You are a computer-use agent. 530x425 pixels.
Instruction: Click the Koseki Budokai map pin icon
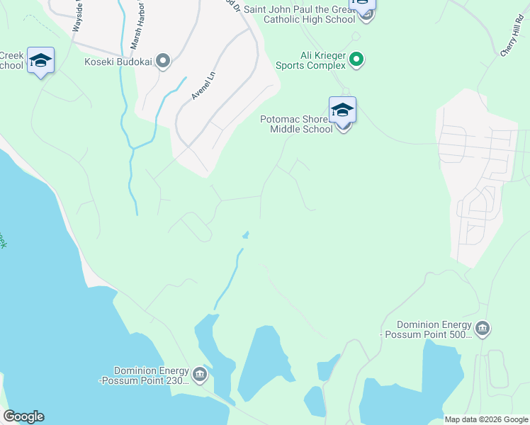coord(164,62)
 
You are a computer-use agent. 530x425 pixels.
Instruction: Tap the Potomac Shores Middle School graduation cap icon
coord(342,110)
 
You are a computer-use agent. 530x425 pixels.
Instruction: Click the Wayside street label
coord(77,16)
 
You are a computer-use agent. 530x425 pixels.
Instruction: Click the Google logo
coord(23,416)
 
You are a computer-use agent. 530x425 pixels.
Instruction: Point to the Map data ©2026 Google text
coord(486,419)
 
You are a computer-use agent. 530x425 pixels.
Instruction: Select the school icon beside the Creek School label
coord(41,62)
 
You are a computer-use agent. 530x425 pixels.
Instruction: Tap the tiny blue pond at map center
coord(246,234)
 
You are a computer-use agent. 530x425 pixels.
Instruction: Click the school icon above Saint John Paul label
coord(363,4)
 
